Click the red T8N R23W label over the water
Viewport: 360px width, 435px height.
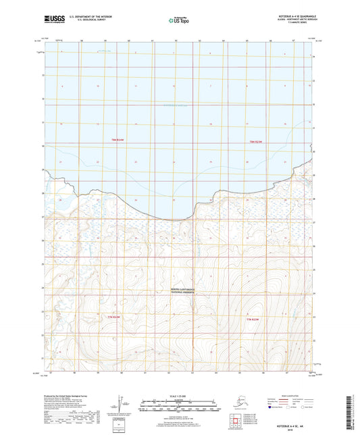point(118,138)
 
